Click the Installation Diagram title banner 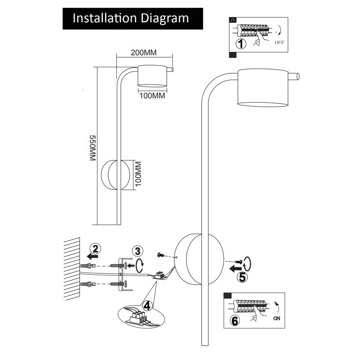coord(132,19)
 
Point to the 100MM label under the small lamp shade coord(152,96)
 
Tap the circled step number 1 coord(242,43)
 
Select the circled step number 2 coord(95,248)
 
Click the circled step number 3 coord(138,252)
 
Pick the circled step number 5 coord(241,278)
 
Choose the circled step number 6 coord(235,321)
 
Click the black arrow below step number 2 coord(92,257)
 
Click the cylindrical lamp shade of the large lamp coord(263,87)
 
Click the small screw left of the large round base coord(160,255)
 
